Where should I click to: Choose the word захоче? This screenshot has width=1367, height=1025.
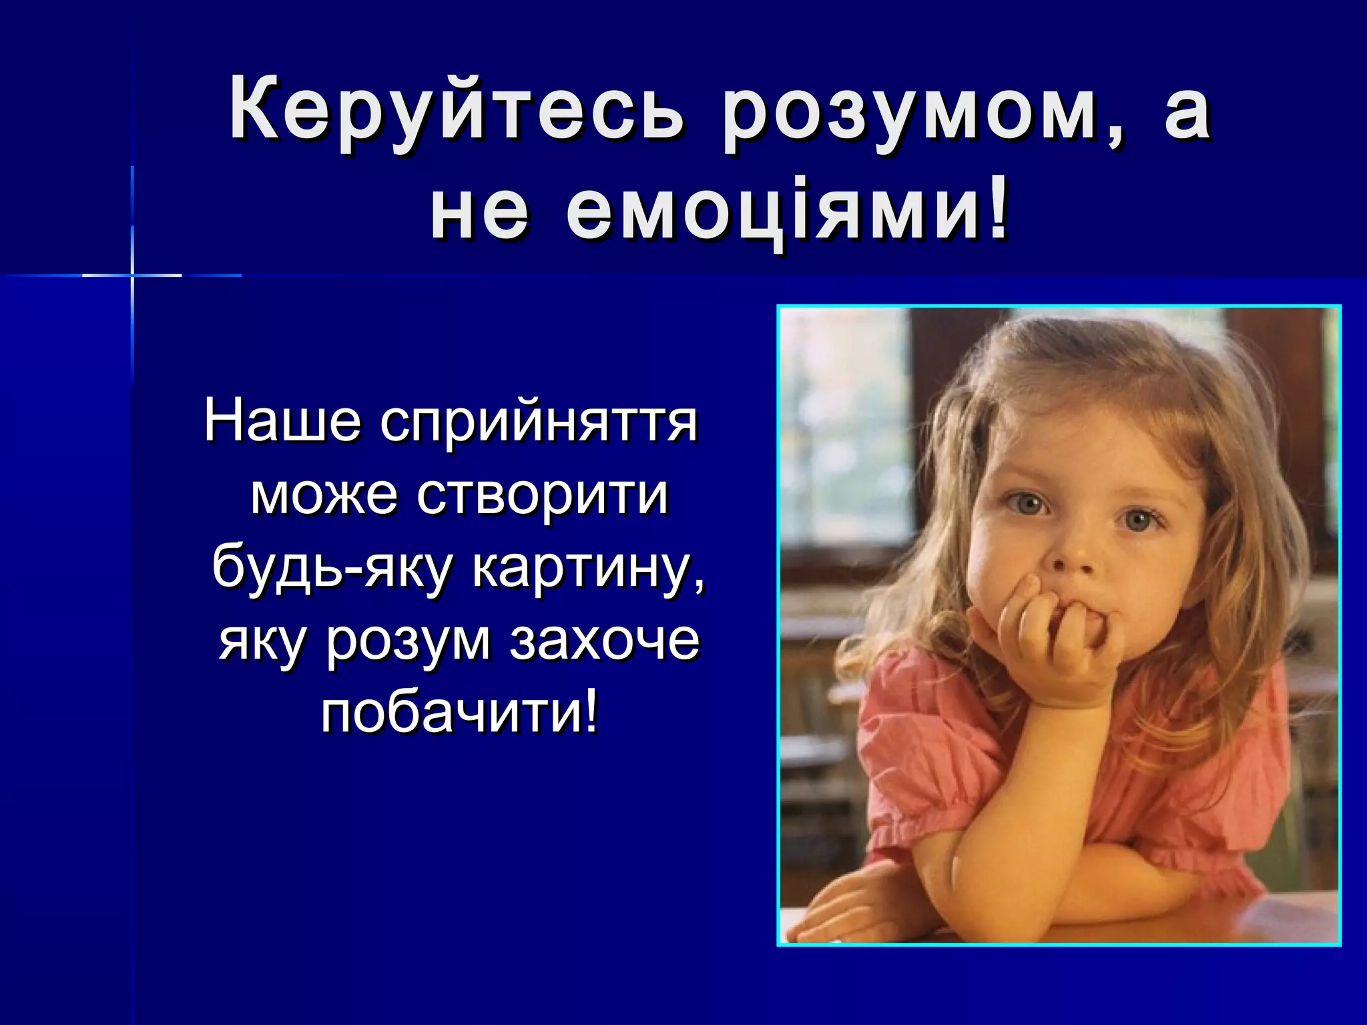(605, 641)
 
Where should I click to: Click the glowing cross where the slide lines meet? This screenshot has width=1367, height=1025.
(132, 275)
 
